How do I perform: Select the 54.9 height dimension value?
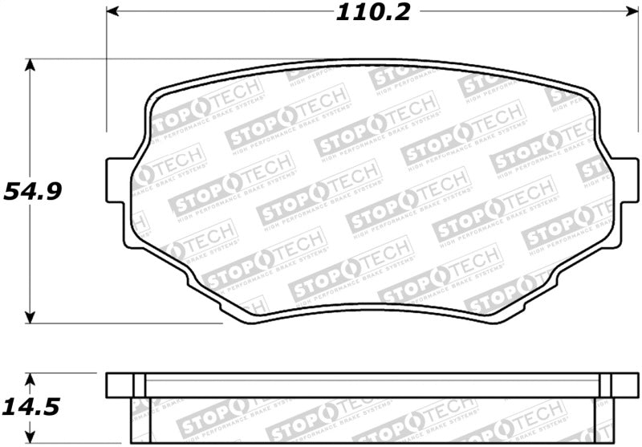coord(33,192)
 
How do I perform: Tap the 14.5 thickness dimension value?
coord(32,407)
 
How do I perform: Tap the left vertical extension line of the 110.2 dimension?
coord(107,80)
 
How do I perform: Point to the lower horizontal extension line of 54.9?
coord(120,323)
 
